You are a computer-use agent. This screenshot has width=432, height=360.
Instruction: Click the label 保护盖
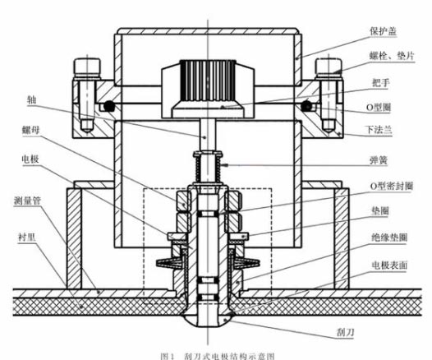point(384,31)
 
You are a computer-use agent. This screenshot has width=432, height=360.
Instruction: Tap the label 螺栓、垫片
point(392,56)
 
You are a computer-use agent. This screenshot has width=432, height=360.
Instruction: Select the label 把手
point(381,82)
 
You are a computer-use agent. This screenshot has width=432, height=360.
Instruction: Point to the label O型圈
point(379,107)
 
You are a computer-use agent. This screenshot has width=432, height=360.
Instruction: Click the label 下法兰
point(379,130)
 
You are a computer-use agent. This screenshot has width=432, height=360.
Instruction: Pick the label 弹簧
point(379,160)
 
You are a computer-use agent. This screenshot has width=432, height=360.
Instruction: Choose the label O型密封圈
point(392,187)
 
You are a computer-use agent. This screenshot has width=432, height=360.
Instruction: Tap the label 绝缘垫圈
point(389,238)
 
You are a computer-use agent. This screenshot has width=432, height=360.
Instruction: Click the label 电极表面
point(389,265)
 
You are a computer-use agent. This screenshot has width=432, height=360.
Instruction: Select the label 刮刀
point(345,332)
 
